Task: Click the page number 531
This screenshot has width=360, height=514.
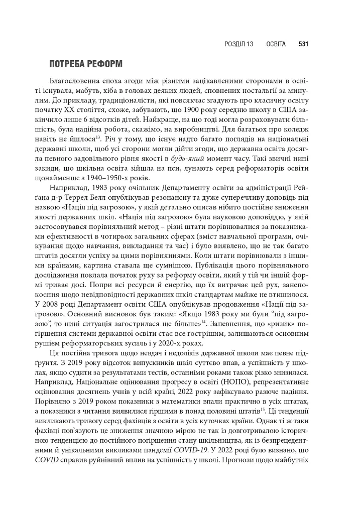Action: (303, 44)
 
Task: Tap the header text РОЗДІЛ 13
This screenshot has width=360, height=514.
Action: (239, 44)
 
